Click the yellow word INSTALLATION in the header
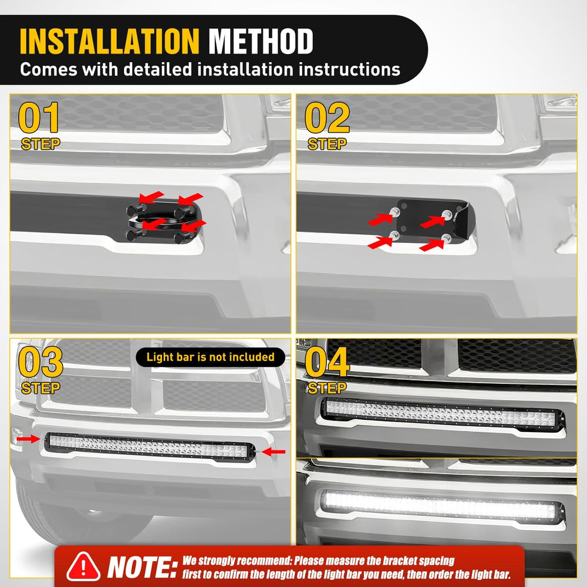pos(109,41)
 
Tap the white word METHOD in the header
pos(261,41)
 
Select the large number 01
pos(39,117)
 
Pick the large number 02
pos(327,117)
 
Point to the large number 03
pos(41,362)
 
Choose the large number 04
pos(327,362)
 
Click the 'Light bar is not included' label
pos(210,357)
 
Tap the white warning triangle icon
pos(83,566)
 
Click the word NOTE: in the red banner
pos(142,567)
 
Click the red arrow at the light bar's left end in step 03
pos(28,438)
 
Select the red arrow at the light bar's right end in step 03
pos(274,452)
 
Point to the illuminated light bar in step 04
pos(443,506)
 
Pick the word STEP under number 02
pos(327,144)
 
